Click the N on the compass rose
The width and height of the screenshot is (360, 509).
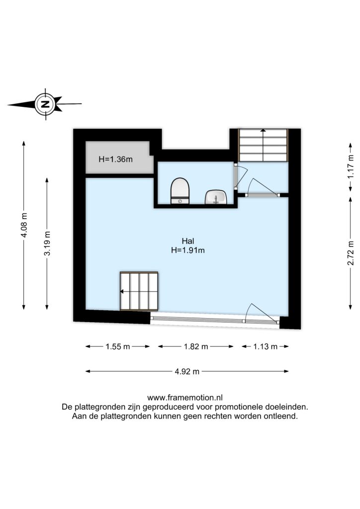45,104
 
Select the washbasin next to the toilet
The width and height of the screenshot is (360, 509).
215,197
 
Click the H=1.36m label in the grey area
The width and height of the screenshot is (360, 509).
115,160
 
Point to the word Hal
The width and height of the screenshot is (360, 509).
188,241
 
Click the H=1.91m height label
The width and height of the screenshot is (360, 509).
188,251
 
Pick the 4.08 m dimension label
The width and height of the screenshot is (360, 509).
24,225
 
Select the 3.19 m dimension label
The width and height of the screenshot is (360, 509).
47,243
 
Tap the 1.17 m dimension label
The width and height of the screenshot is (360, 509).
351,166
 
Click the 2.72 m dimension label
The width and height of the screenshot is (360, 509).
351,253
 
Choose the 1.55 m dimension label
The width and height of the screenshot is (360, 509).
117,346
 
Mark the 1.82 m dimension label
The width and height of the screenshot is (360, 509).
196,346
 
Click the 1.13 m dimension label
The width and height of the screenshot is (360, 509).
265,346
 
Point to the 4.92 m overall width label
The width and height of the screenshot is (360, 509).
187,372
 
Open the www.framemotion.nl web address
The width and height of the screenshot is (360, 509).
184,398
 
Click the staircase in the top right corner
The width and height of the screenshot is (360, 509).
263,145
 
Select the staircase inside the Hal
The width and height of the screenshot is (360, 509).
139,291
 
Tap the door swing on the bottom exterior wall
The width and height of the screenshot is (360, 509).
262,313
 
